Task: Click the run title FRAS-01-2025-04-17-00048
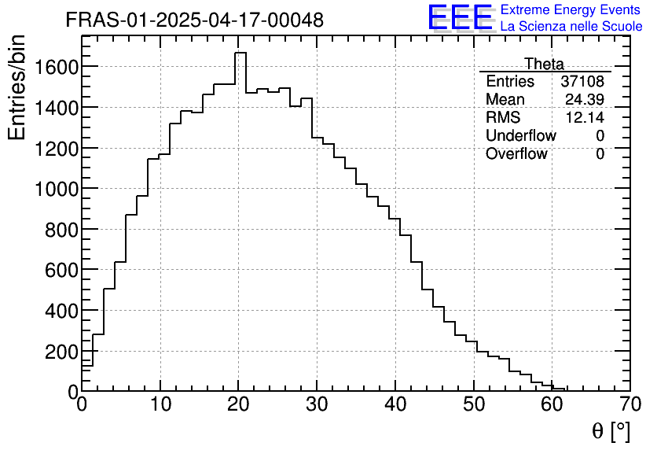(x=194, y=20)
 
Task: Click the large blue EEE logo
(x=460, y=18)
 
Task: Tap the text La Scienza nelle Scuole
(x=571, y=26)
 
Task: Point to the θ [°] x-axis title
(x=611, y=431)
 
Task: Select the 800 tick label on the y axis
(x=59, y=230)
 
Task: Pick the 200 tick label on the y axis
(x=59, y=352)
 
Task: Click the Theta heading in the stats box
(x=544, y=64)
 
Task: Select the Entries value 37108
(x=582, y=82)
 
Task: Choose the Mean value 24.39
(x=585, y=100)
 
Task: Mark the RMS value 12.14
(x=585, y=118)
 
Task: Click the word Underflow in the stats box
(x=520, y=136)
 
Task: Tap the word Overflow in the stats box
(x=516, y=154)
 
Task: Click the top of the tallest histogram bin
(x=240, y=53)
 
